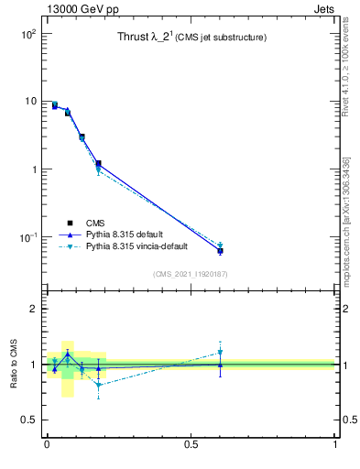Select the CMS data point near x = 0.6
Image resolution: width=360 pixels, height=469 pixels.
220,250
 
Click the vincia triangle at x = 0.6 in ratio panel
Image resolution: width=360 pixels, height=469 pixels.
220,352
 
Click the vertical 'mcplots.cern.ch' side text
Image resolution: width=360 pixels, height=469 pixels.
346,229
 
